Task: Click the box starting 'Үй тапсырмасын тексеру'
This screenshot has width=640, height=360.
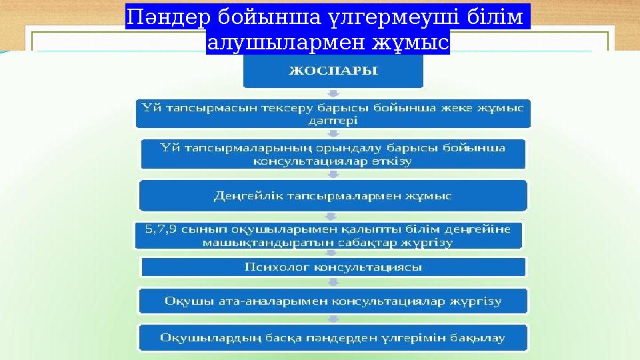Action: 333,113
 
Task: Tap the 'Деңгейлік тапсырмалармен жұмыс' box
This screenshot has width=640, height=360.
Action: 333,196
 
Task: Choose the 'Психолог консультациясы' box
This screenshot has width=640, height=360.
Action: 333,267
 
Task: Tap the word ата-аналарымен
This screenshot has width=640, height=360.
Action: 273,301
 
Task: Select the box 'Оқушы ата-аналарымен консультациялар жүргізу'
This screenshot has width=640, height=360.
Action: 333,301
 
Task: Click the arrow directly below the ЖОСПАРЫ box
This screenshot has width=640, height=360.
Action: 333,94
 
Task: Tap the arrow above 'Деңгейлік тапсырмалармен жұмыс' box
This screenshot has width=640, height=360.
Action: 333,175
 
